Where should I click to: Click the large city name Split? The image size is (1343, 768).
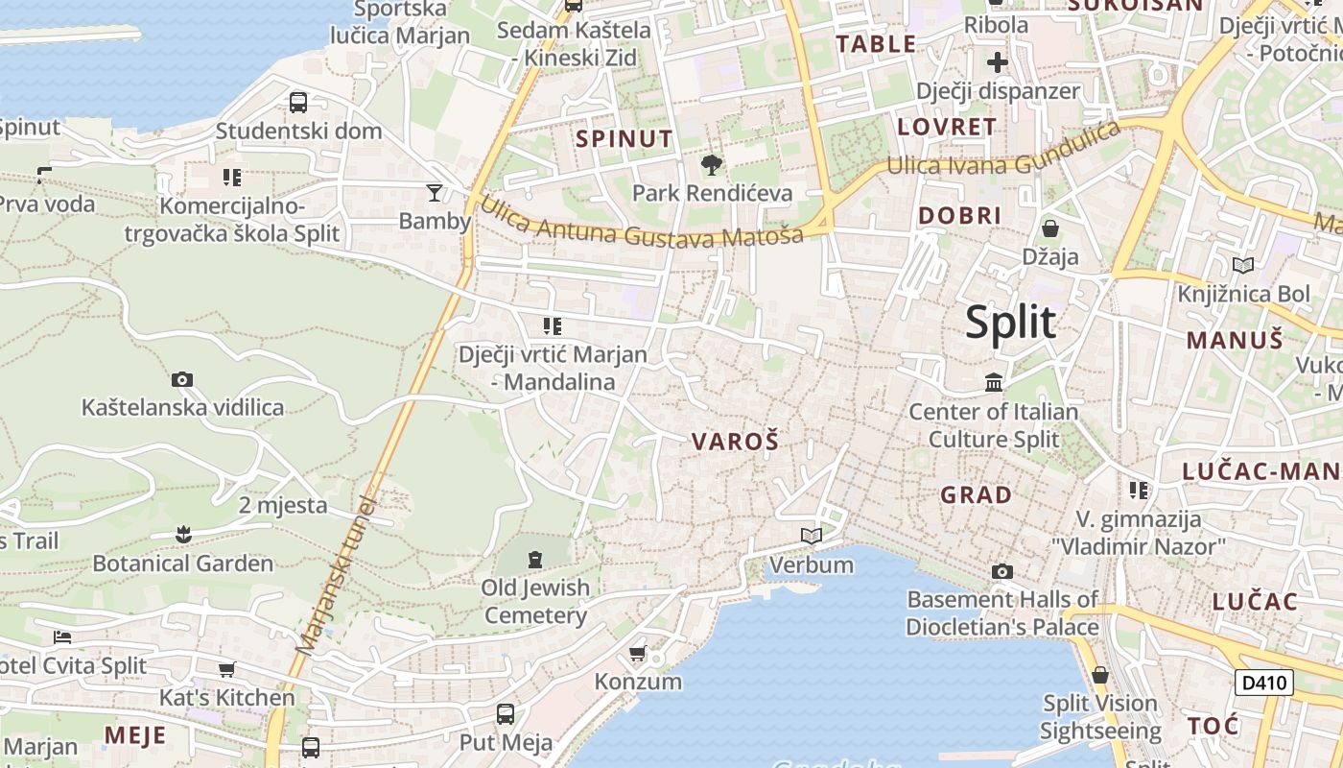[1010, 323]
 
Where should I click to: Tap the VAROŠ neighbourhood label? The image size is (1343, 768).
[735, 442]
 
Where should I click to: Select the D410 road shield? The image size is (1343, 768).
[1263, 683]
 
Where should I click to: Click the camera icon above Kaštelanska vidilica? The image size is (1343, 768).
[182, 379]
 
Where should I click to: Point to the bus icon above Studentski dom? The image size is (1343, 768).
[298, 102]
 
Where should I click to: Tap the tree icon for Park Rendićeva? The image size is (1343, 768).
[712, 165]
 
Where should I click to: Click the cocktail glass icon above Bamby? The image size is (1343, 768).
[435, 193]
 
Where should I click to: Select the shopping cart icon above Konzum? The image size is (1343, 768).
[638, 654]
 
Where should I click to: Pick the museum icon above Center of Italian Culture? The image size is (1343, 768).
[994, 383]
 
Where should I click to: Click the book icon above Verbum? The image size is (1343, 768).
[812, 536]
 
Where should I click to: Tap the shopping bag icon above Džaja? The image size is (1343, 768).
[1050, 228]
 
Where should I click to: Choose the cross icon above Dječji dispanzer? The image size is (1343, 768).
[998, 63]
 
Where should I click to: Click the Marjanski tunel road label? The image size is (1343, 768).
[336, 576]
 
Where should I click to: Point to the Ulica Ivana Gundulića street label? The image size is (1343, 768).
[1003, 154]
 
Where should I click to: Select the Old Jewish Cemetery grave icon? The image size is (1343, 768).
[534, 559]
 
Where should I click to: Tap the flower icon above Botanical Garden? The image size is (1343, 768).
[183, 534]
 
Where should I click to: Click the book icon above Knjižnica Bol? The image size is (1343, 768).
[1243, 265]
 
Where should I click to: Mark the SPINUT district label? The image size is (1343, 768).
[624, 138]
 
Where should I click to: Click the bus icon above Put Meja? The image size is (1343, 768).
[506, 713]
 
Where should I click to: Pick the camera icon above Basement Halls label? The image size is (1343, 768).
[1002, 571]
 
